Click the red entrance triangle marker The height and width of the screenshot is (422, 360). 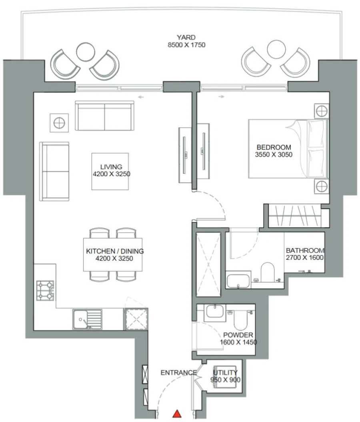click(177, 414)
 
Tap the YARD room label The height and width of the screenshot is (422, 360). click(186, 38)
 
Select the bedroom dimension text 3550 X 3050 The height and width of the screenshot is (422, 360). click(274, 154)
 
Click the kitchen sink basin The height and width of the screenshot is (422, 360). click(81, 320)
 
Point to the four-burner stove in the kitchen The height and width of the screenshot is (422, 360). click(45, 291)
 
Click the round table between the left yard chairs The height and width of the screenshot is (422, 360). click(85, 52)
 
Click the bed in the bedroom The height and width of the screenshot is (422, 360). click(288, 149)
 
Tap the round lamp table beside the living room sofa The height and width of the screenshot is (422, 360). click(59, 122)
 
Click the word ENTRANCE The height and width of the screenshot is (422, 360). click(178, 373)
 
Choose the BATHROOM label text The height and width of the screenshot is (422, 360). click(305, 251)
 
